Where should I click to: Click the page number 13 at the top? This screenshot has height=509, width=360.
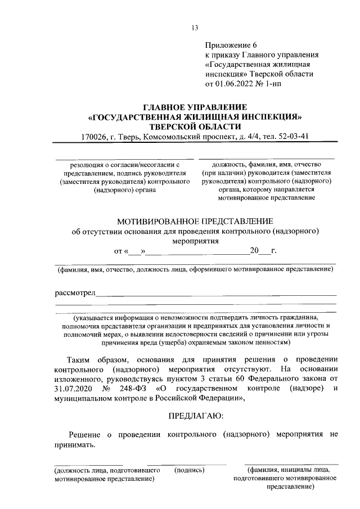tap(195, 28)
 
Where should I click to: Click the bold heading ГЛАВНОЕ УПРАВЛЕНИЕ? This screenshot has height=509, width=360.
tap(195, 107)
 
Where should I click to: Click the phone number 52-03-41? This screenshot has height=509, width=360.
tap(294, 137)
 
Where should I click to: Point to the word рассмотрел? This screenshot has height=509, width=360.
tap(75, 292)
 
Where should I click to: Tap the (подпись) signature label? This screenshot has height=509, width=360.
tap(190, 470)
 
